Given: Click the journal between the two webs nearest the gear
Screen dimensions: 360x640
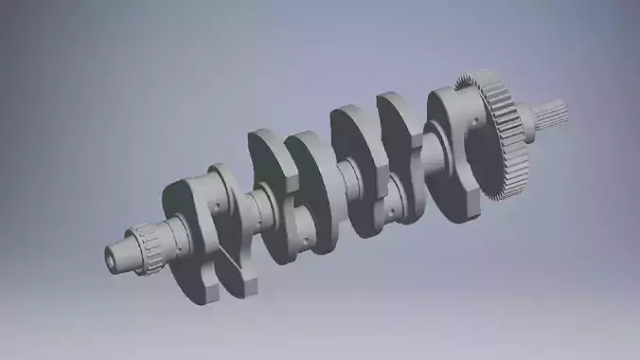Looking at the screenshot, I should point(428,152).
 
